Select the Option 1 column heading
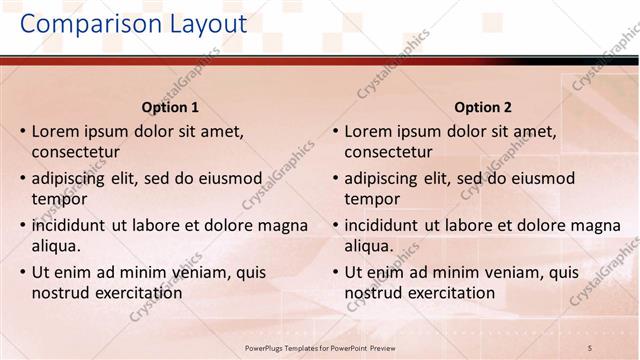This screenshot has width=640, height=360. [x=170, y=107]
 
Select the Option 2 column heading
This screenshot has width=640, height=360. [x=483, y=107]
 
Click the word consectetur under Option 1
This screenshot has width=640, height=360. [x=76, y=152]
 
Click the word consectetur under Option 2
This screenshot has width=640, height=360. [x=389, y=152]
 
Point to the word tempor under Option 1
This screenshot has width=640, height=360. [x=58, y=199]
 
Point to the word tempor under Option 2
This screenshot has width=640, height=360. [x=371, y=199]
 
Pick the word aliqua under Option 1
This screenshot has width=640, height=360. [x=56, y=246]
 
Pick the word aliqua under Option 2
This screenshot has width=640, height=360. [x=369, y=246]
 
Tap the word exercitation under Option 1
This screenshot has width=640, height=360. [x=134, y=293]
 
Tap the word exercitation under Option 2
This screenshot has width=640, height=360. [x=447, y=293]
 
